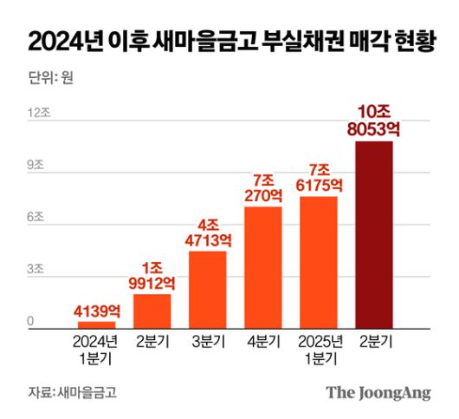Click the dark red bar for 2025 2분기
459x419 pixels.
[x=374, y=234]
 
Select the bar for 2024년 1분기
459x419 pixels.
[x=96, y=324]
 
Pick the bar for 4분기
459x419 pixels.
[x=263, y=267]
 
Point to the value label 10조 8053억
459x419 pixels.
[x=374, y=121]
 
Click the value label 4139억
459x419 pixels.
[x=96, y=309]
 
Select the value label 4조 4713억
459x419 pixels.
[x=207, y=231]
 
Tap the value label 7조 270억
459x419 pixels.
[x=263, y=187]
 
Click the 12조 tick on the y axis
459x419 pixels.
[x=37, y=113]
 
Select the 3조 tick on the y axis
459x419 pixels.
[x=35, y=271]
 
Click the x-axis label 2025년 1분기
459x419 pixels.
[x=319, y=348]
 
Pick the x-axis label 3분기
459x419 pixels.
[x=207, y=341]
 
